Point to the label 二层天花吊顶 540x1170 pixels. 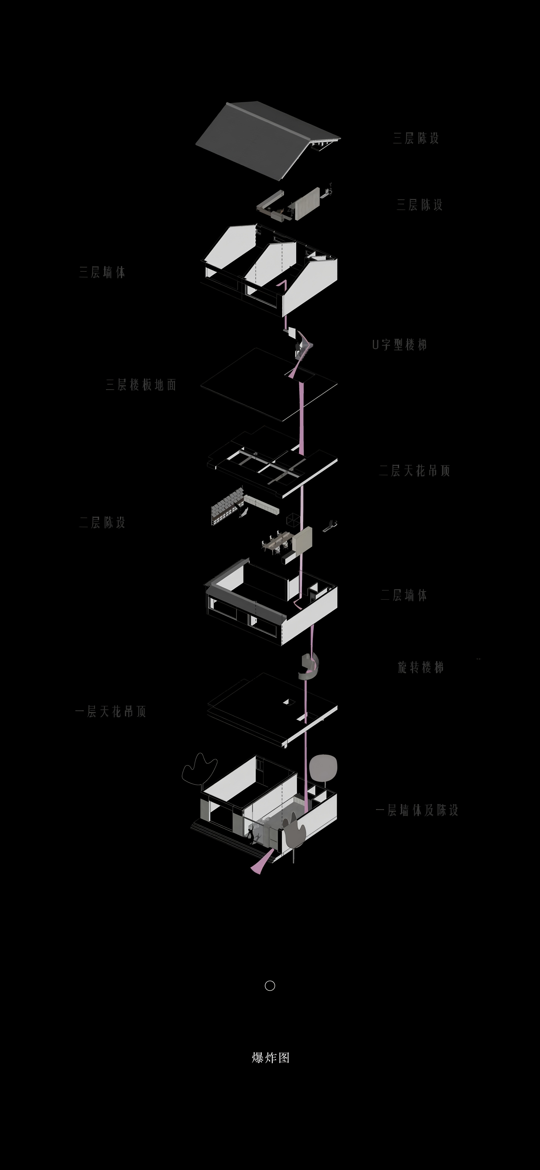tap(414, 471)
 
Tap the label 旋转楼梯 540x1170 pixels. tap(420, 667)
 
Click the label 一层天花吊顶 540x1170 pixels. tap(110, 711)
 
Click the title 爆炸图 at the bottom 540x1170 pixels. tap(270, 1058)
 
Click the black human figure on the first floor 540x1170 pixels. tap(250, 835)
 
